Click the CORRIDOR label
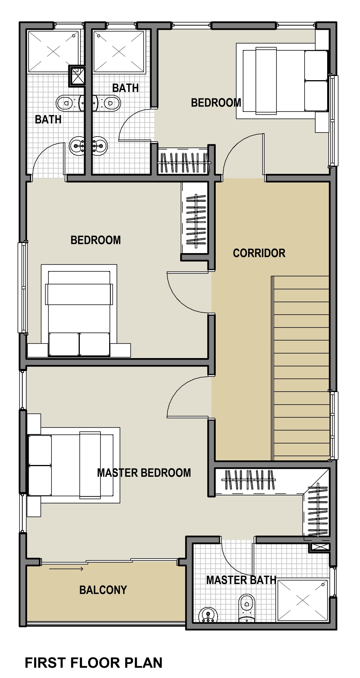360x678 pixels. pyautogui.click(x=259, y=253)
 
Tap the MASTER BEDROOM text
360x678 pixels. pyautogui.click(x=144, y=473)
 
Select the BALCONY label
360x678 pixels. pyautogui.click(x=103, y=590)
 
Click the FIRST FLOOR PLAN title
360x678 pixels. pyautogui.click(x=94, y=663)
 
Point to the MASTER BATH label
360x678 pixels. pyautogui.click(x=241, y=580)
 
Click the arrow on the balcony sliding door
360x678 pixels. pyautogui.click(x=66, y=569)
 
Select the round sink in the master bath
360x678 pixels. pyautogui.click(x=208, y=615)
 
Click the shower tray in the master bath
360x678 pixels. pyautogui.click(x=303, y=601)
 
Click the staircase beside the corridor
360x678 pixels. pyautogui.click(x=301, y=368)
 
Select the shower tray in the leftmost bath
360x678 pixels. pyautogui.click(x=53, y=51)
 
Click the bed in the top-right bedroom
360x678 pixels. pyautogui.click(x=282, y=81)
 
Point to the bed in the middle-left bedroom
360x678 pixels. pyautogui.click(x=79, y=310)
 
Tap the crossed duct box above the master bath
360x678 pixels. pyautogui.click(x=320, y=547)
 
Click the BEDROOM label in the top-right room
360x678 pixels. pyautogui.click(x=216, y=103)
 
